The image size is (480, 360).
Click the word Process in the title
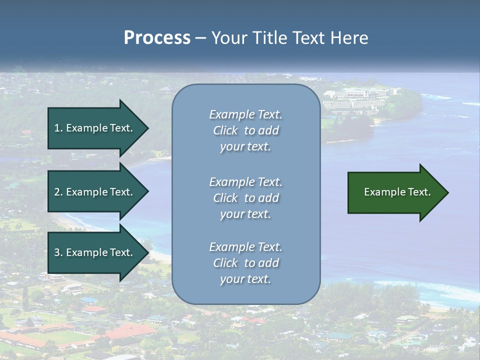tap(157, 38)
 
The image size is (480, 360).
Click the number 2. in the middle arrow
tap(58, 192)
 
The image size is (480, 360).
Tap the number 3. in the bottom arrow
tap(58, 252)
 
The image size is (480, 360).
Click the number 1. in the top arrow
tap(58, 128)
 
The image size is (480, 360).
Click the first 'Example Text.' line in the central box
tap(245, 114)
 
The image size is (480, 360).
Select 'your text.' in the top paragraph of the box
tap(245, 146)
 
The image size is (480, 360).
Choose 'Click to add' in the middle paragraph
tap(245, 198)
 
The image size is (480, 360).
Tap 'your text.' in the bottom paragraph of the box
tap(245, 279)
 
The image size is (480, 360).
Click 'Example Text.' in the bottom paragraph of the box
tap(245, 247)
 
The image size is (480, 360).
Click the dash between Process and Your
tap(201, 38)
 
